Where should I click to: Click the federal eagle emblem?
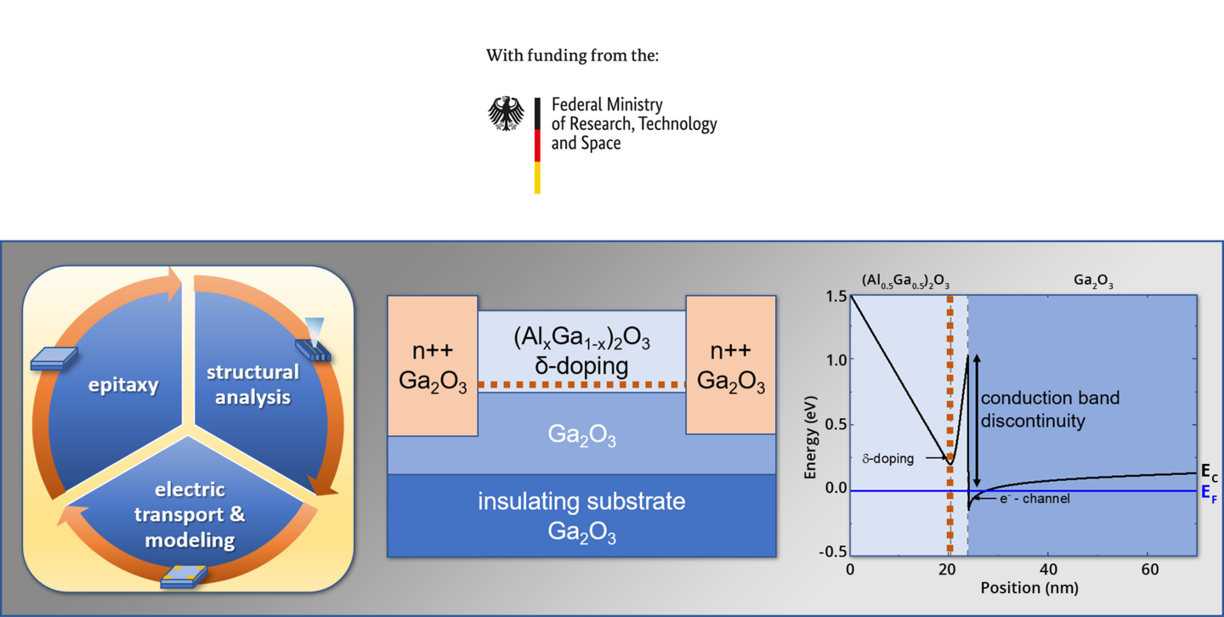pos(506,114)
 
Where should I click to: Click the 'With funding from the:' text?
pos(572,55)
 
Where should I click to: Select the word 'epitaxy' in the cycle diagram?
pos(123,385)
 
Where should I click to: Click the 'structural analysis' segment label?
pos(252,384)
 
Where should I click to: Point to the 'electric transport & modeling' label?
pos(190,514)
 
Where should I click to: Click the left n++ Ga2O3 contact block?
pos(433,365)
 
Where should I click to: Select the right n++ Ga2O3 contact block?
pos(731,365)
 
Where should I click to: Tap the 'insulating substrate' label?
pos(581,501)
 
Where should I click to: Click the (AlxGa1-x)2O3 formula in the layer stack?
pos(582,338)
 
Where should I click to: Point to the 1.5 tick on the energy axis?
pos(836,297)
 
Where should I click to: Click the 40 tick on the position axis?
pos(1048,569)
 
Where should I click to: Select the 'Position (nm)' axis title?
pos(1029,588)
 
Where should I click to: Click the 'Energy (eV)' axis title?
pos(810,437)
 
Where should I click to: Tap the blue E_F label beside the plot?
pos(1209,493)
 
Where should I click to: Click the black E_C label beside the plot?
pos(1210,473)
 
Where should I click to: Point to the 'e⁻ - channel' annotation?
pos(1034,498)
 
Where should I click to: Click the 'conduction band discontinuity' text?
pos(1050,410)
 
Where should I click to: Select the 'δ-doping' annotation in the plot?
pos(888,459)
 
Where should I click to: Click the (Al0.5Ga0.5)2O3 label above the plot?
pos(905,281)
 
